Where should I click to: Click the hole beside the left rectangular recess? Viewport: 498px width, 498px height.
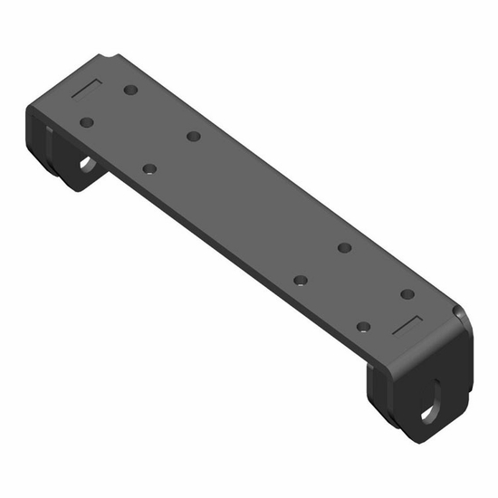131,91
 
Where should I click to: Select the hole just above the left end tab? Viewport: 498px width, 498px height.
87,121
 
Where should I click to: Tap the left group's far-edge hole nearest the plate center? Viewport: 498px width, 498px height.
193,137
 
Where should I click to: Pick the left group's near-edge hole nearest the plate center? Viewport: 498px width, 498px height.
150,168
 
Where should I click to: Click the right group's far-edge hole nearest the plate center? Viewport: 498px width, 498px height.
344,247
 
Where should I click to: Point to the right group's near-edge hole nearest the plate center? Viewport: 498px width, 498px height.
301,281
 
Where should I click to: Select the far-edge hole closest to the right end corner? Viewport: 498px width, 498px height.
407,293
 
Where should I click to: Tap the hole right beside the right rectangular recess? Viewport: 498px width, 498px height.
363,326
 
